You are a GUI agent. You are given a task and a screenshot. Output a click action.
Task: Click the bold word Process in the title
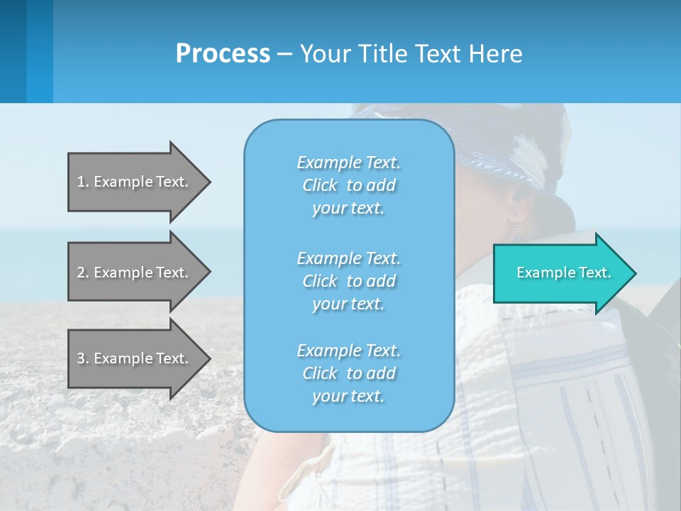click(223, 54)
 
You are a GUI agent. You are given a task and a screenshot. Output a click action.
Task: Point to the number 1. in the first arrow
click(83, 182)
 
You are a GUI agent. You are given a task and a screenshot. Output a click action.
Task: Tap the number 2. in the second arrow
click(83, 273)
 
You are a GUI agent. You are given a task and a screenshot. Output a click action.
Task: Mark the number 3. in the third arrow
click(83, 358)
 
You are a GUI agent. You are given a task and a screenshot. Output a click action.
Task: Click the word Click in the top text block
click(320, 186)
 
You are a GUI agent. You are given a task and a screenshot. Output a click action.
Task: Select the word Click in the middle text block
click(320, 282)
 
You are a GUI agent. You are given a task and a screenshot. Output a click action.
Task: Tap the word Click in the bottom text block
click(320, 374)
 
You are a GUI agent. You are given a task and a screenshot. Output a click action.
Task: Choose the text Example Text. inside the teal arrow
click(564, 273)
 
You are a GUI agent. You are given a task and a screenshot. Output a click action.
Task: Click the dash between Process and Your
click(284, 55)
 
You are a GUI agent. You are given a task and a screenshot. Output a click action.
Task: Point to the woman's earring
click(516, 229)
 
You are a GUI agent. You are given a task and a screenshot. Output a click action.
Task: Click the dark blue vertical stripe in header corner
click(13, 51)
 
